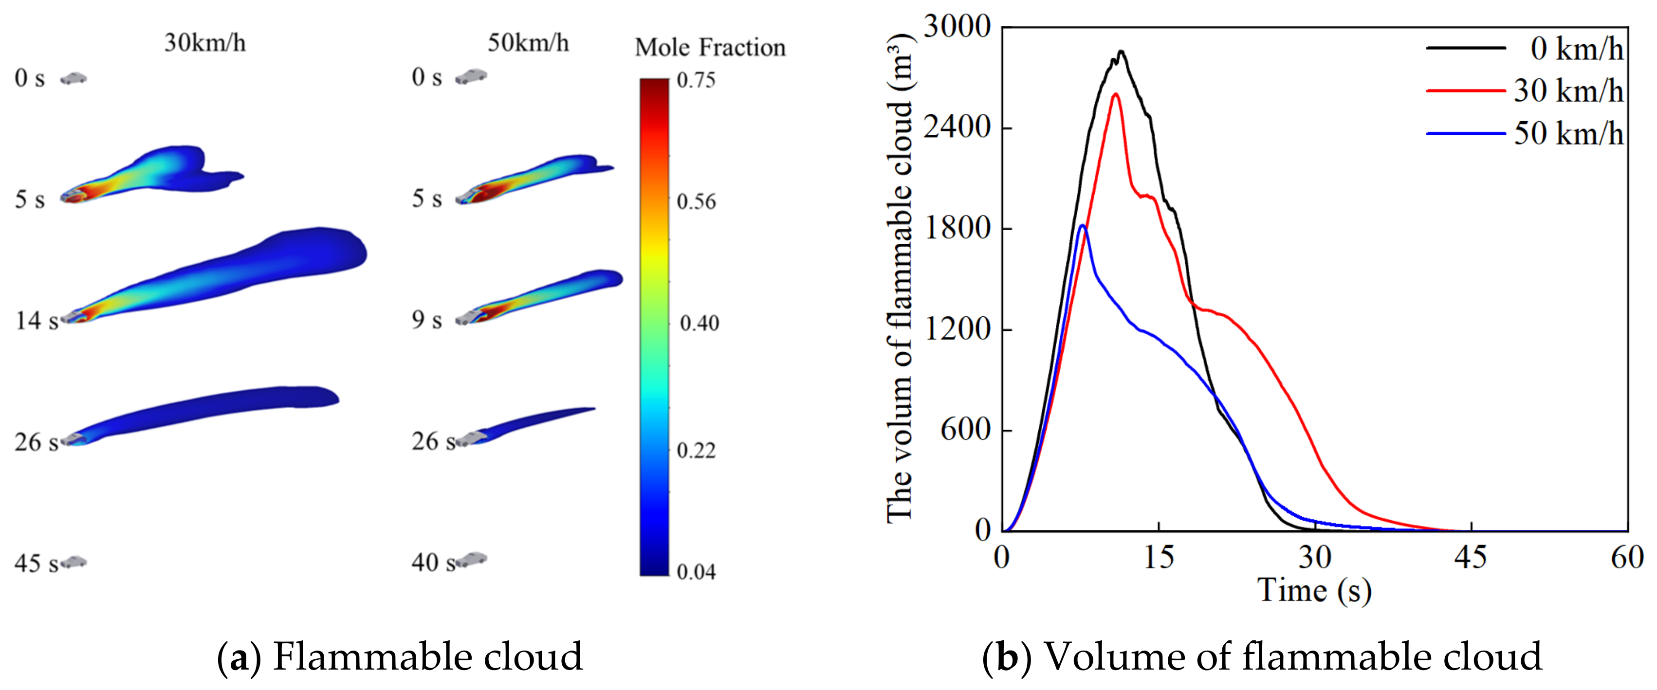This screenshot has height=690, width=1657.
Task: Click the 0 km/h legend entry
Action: [1525, 49]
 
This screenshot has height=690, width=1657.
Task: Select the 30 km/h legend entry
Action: [1525, 91]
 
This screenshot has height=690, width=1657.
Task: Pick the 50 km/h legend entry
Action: [1525, 134]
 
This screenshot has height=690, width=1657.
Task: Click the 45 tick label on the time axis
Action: [1471, 557]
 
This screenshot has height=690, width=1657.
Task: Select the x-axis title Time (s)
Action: [1314, 590]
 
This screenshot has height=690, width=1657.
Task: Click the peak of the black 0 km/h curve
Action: [1121, 52]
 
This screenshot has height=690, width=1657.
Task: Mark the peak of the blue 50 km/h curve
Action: [1083, 225]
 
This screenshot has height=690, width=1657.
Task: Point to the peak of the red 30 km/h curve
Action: [1115, 94]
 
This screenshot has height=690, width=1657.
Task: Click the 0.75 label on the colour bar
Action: [696, 80]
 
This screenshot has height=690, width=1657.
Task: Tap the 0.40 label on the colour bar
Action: [699, 323]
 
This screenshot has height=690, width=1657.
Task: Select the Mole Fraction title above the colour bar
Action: [710, 48]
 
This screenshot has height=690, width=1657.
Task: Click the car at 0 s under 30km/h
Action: [74, 78]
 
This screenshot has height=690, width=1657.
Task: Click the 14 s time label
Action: [37, 320]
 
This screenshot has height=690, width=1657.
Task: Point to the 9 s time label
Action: [426, 320]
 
